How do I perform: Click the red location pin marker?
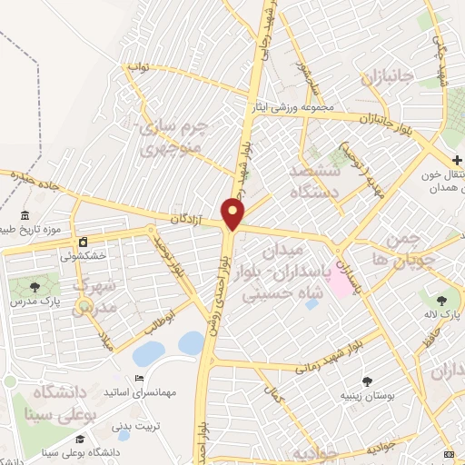233,214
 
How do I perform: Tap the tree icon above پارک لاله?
442,300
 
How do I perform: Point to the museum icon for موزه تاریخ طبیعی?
24,216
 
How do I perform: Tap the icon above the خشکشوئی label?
84,242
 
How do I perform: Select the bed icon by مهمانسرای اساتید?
139,378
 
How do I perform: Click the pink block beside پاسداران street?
338,282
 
